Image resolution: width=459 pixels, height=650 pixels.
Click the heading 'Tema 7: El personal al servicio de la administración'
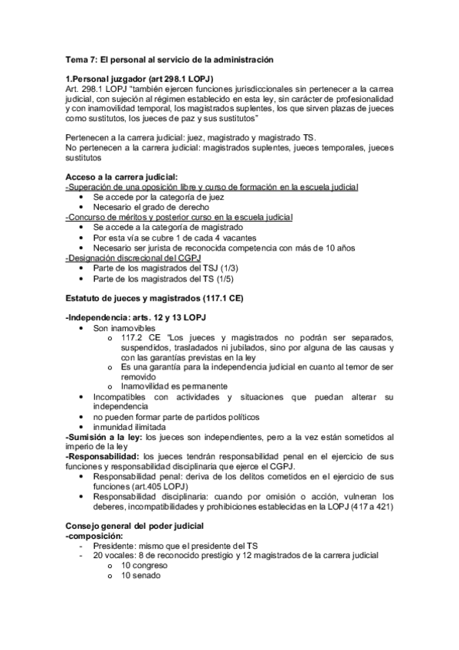[x=169, y=59]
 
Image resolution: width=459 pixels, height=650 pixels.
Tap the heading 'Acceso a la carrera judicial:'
[x=122, y=177]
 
